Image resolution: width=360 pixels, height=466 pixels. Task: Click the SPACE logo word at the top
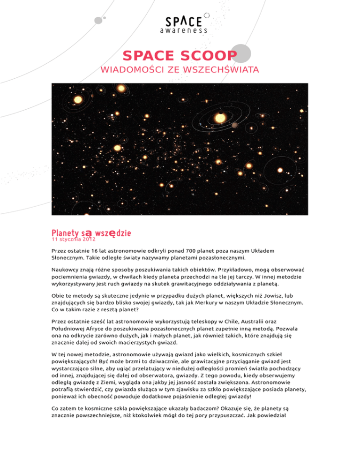coord(183,22)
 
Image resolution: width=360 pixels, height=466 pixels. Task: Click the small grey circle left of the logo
coord(98,20)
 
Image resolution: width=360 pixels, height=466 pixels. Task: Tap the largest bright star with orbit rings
coord(218,117)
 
